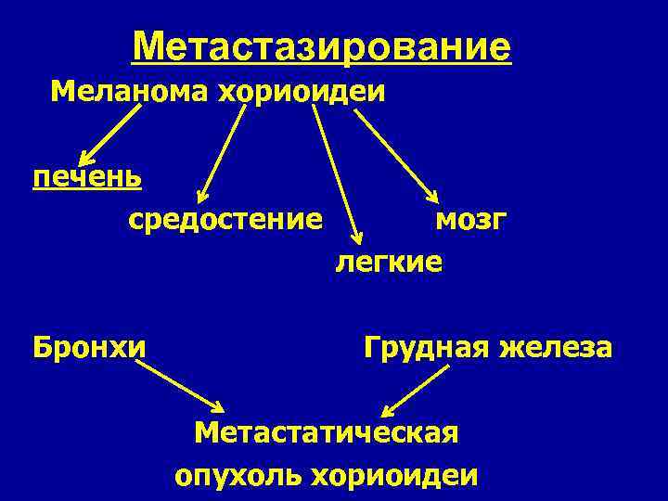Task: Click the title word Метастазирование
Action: coord(321,46)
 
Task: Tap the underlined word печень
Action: coord(87,176)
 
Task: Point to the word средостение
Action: coord(225,220)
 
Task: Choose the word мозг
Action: coord(470,220)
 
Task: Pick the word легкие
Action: coord(389,263)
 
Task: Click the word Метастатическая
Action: coord(327,432)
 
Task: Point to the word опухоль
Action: coord(238,476)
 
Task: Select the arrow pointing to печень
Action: coord(109,135)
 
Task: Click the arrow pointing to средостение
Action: coord(223,152)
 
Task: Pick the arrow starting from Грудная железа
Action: coord(417,390)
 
